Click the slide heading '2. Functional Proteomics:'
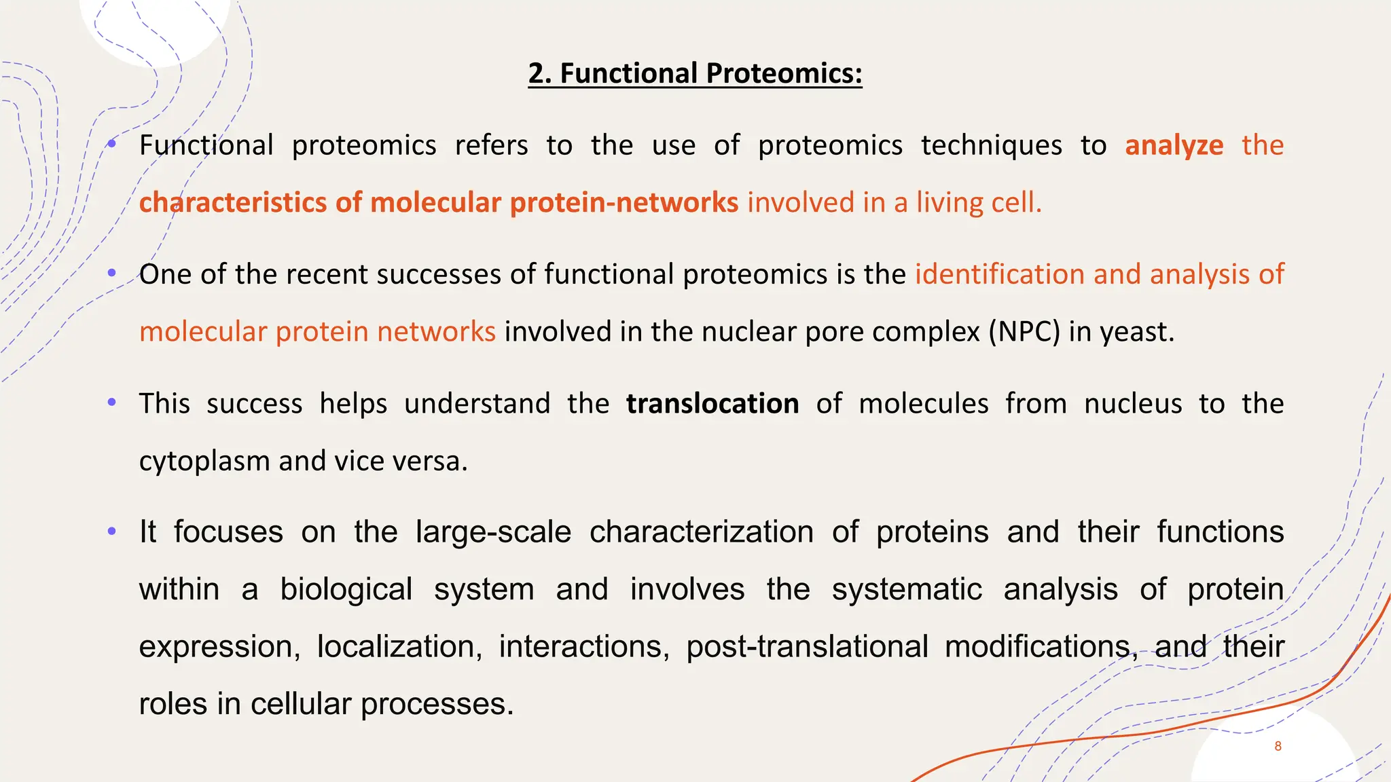point(695,73)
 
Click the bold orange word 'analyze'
point(1174,146)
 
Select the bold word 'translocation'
point(712,404)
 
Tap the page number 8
point(1278,746)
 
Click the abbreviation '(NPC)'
point(1024,332)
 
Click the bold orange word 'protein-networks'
point(624,203)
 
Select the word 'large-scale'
point(493,532)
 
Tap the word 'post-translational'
point(807,646)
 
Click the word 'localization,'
point(399,646)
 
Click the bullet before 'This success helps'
point(112,402)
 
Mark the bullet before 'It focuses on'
point(112,531)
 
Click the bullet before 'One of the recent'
point(112,273)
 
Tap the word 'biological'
point(346,589)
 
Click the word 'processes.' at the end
point(437,704)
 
